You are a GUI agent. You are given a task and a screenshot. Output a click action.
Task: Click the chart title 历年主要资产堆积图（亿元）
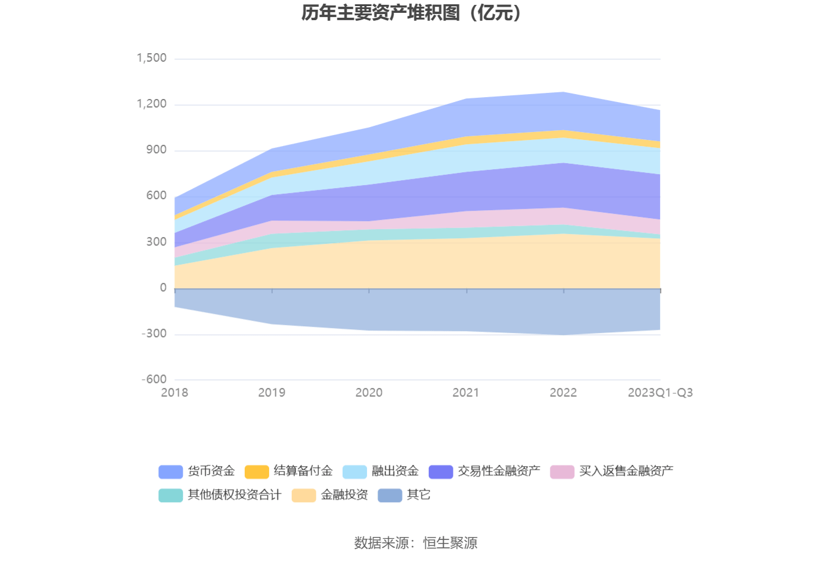[412, 13]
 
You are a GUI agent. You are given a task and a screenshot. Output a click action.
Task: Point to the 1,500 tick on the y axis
[152, 58]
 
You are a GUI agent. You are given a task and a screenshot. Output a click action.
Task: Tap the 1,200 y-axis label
[152, 104]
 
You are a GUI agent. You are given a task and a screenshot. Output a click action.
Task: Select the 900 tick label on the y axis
[156, 150]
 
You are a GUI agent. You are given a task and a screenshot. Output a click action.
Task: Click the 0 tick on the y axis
[163, 288]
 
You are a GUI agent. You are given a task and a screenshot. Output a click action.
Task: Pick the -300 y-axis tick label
[154, 334]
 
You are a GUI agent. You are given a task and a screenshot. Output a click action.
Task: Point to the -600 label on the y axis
[154, 379]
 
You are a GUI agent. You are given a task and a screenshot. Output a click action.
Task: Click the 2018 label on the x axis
[174, 393]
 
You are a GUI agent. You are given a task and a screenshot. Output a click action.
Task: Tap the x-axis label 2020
[369, 393]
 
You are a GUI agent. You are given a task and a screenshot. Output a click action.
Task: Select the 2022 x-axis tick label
[563, 393]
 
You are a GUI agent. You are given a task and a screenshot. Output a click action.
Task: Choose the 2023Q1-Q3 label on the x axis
[660, 393]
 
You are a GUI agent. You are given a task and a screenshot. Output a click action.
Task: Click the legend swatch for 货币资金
[171, 472]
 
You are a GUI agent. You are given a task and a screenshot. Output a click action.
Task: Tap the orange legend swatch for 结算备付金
[257, 472]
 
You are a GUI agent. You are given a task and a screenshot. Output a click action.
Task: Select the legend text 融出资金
[395, 471]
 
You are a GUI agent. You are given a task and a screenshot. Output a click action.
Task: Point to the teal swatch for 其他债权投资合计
[171, 495]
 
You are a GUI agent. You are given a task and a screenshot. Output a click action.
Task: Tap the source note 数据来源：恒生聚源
[415, 542]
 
